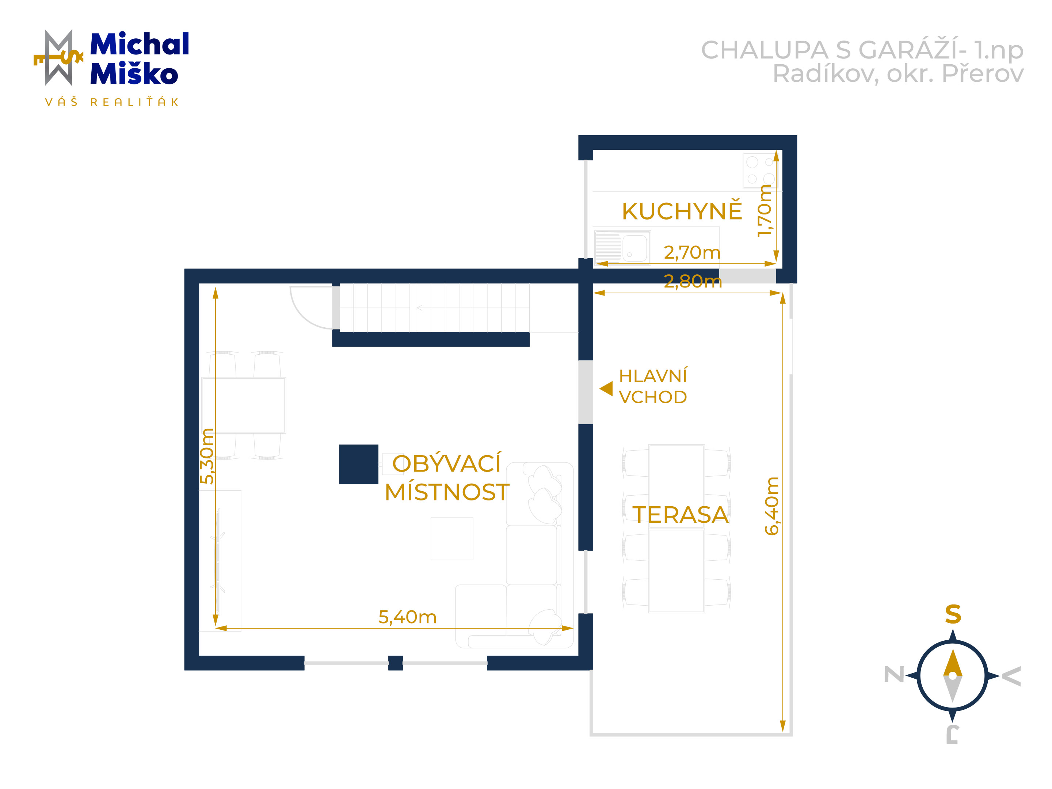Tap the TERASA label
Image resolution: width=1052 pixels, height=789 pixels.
click(680, 515)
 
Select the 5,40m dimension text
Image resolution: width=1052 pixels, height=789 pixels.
click(407, 617)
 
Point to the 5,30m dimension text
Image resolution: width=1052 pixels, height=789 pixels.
click(207, 456)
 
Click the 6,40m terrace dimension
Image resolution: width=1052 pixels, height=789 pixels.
click(771, 506)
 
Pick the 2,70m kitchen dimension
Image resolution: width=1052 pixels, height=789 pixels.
click(692, 252)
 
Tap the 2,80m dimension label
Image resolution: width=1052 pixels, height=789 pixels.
click(693, 282)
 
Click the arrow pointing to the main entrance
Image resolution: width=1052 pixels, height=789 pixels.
click(606, 389)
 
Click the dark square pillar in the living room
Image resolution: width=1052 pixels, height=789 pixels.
click(359, 464)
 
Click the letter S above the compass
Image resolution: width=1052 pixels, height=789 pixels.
click(953, 614)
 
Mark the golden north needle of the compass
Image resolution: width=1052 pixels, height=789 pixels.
click(953, 663)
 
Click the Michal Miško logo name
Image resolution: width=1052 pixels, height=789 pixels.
click(139, 58)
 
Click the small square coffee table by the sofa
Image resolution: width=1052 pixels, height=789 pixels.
click(452, 539)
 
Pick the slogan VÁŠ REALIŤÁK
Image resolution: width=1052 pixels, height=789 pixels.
click(112, 102)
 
